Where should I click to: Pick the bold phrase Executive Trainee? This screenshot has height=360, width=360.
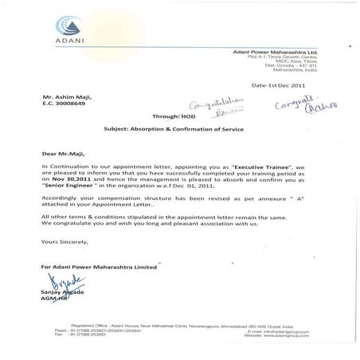click(x=245, y=163)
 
